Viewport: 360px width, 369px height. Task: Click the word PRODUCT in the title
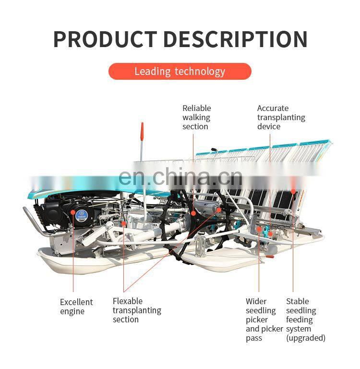[x=105, y=39]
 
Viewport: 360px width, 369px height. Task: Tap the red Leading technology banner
[x=180, y=72]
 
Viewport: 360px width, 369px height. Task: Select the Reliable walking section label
[x=196, y=117]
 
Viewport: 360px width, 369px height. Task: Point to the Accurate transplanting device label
[x=281, y=117]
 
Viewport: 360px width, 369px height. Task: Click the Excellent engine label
[x=76, y=307]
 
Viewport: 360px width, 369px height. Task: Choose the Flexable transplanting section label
[x=137, y=310]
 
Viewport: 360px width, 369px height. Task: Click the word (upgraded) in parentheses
[x=306, y=338]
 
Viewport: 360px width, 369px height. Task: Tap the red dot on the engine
[x=73, y=212]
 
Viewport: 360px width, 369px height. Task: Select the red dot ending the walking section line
[x=193, y=211]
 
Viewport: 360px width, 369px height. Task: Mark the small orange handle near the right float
[x=270, y=256]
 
